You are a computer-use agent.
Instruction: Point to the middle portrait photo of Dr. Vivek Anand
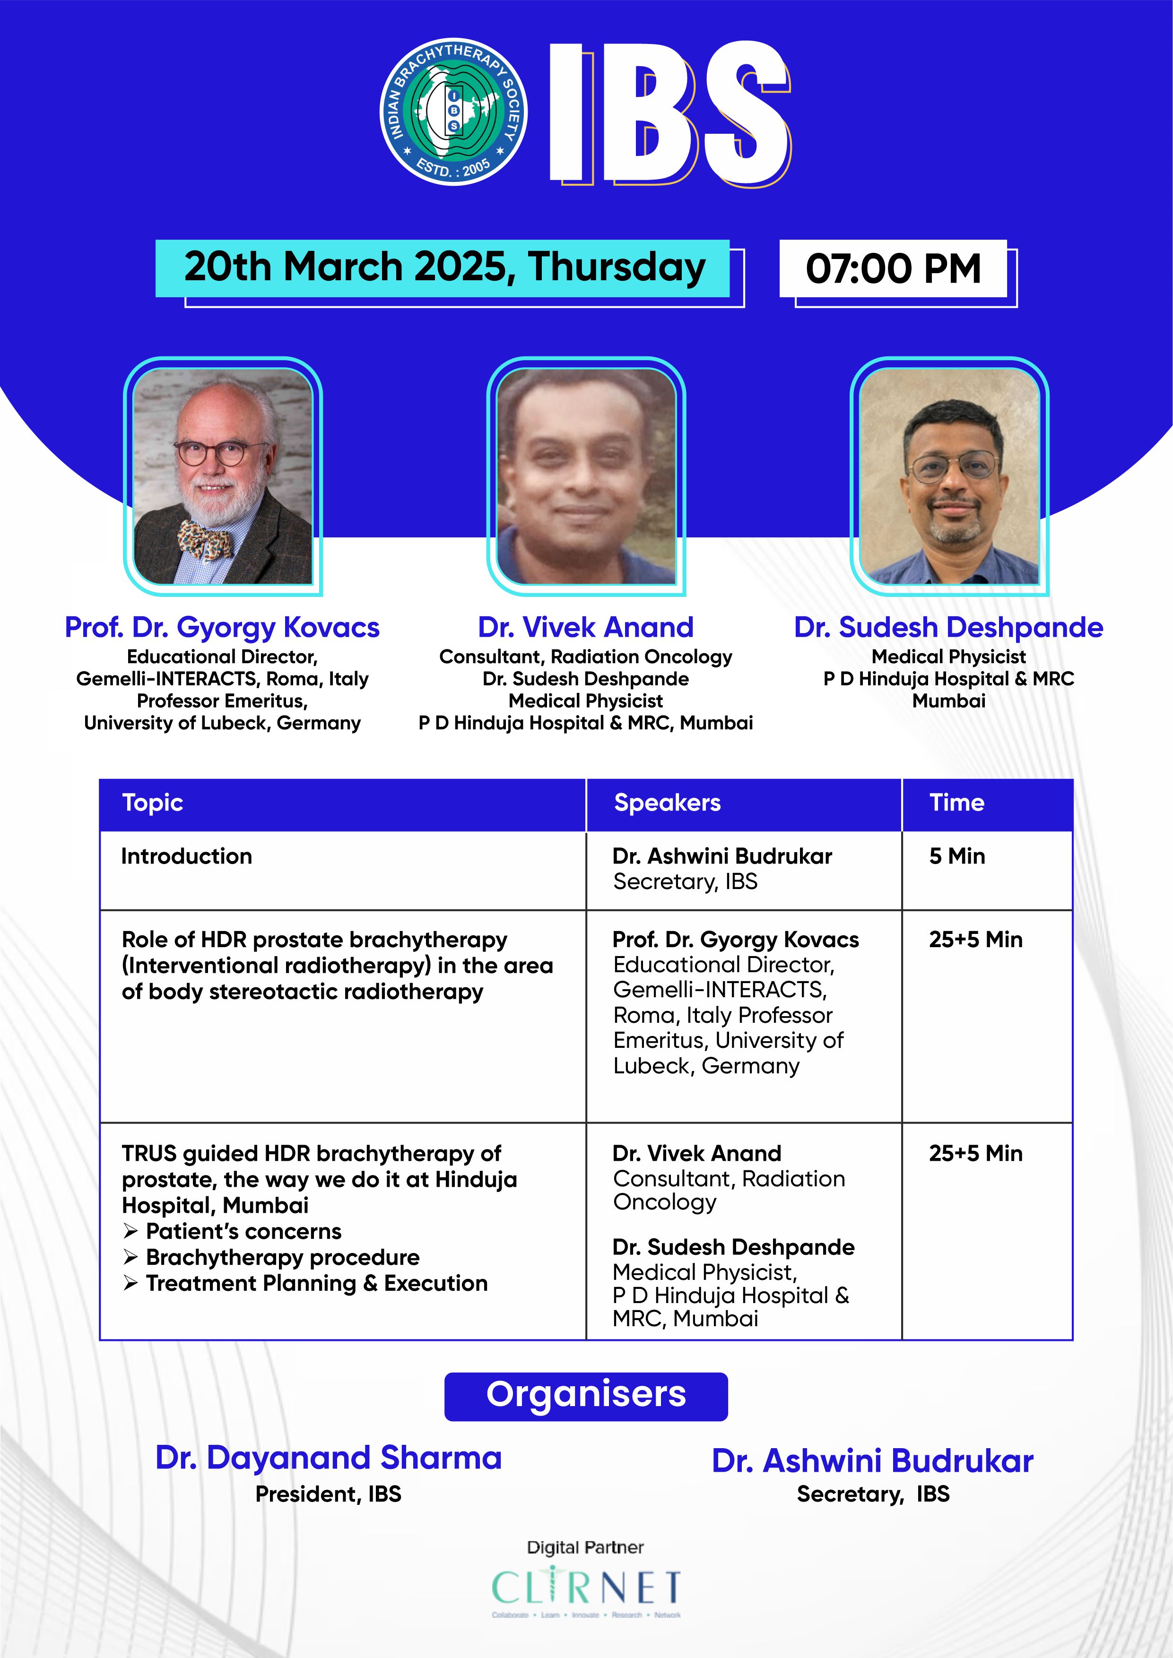tap(586, 476)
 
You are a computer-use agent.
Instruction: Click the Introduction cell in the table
tap(186, 856)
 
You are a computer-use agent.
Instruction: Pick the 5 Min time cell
tap(957, 856)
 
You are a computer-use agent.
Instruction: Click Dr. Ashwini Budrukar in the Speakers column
tap(722, 856)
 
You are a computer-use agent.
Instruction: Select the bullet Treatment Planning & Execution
tap(305, 1283)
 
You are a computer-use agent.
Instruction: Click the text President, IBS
tap(329, 1494)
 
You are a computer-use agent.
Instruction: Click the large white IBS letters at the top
tap(669, 112)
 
